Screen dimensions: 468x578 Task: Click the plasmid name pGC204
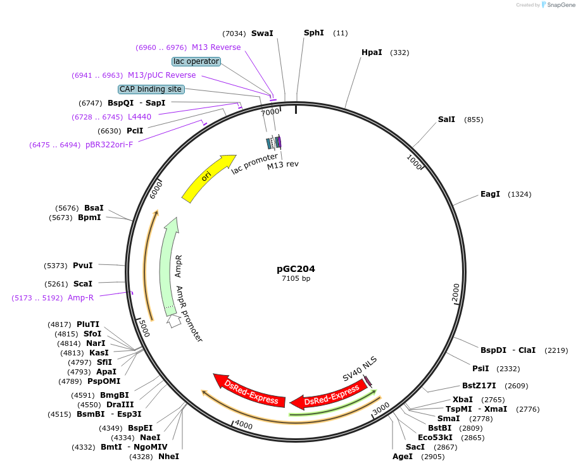tap(296, 269)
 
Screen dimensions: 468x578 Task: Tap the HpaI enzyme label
tap(372, 52)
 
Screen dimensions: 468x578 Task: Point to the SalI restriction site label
tap(446, 120)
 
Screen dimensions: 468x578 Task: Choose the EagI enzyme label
tap(490, 194)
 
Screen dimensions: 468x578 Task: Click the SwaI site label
tap(262, 34)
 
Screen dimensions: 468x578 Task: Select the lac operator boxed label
tap(196, 61)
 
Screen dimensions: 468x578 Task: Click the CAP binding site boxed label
tap(151, 89)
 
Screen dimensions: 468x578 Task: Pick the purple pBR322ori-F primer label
tap(110, 145)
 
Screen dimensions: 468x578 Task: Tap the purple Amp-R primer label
tap(80, 298)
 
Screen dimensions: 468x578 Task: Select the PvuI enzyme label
tap(82, 266)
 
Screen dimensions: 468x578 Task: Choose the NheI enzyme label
tap(168, 457)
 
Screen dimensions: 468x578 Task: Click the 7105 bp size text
tap(296, 278)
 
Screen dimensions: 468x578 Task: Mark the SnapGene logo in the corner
tap(556, 4)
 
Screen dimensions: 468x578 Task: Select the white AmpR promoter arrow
tap(173, 321)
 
